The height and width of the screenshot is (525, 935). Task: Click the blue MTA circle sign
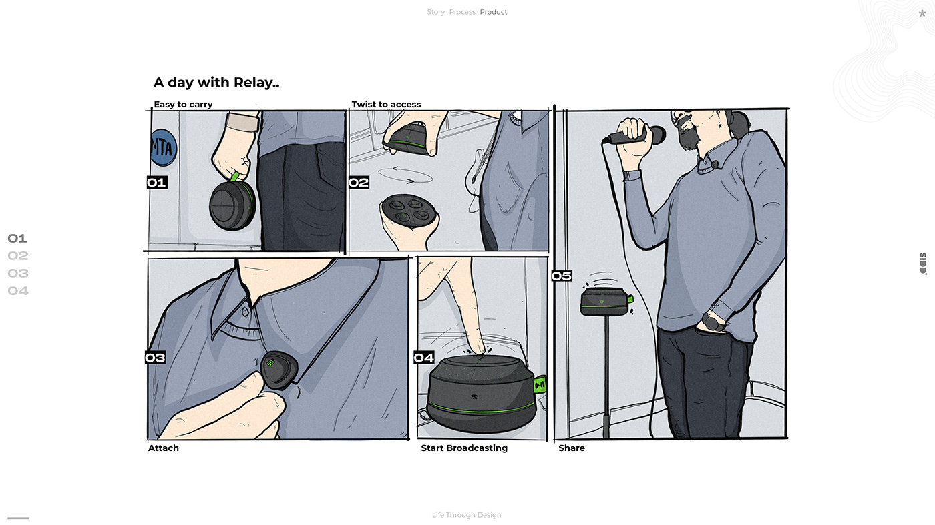164,147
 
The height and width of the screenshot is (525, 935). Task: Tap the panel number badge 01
157,183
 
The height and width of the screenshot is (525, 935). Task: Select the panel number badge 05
562,276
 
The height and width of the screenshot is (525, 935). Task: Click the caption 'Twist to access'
386,104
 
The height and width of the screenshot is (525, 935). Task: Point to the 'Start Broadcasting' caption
464,448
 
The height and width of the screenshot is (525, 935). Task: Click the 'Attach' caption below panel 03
163,448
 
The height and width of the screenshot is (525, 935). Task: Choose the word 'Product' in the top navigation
494,12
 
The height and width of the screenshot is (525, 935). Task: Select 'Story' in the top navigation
435,12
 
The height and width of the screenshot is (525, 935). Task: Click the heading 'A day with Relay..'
216,83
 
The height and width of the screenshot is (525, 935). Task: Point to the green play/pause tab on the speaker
540,384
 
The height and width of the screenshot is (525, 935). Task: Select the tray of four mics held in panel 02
409,210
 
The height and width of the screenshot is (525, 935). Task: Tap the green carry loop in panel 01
234,177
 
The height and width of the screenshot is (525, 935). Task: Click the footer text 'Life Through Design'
467,515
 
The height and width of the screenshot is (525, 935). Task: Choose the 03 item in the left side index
18,273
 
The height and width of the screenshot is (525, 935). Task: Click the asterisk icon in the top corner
922,13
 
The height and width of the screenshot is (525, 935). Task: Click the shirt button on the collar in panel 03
246,312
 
